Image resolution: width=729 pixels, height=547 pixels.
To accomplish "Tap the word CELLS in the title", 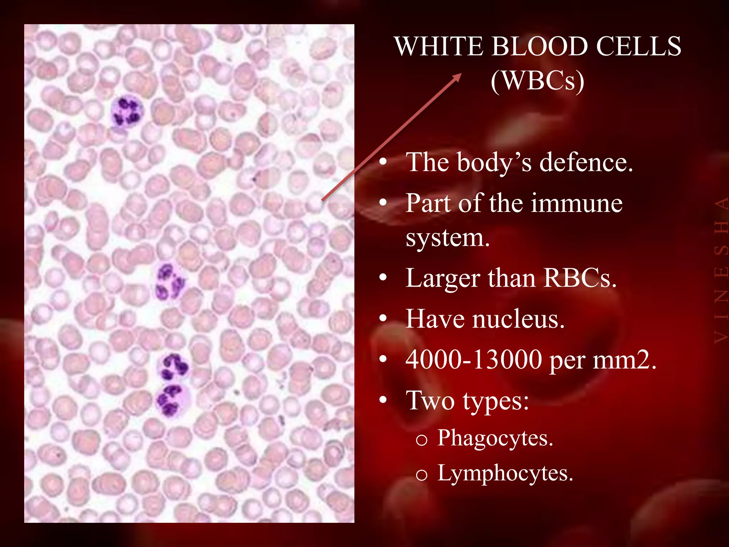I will click(639, 47).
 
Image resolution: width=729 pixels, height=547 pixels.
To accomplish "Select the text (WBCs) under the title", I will click(537, 81).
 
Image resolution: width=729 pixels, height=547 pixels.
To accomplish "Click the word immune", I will click(577, 203).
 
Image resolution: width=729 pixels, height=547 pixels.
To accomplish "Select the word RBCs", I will click(580, 278).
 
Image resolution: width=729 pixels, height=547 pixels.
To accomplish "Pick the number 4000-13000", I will click(474, 360).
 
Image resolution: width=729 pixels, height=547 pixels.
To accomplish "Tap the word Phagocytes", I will click(495, 438).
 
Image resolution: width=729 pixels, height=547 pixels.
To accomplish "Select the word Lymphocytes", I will click(505, 473).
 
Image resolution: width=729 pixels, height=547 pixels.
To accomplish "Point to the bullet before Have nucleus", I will click(383, 318).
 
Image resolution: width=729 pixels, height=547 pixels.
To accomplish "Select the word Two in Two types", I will click(430, 401).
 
